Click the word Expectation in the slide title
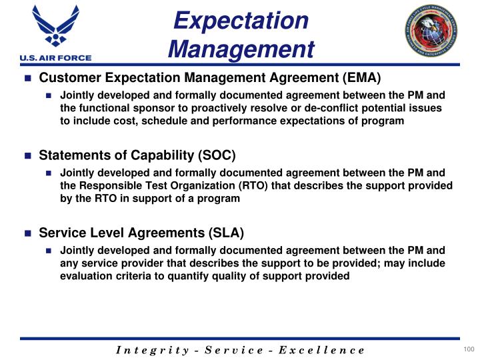pyautogui.click(x=241, y=19)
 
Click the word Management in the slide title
pyautogui.click(x=241, y=48)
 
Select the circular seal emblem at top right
pyautogui.click(x=434, y=31)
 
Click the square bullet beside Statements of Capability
pyautogui.click(x=28, y=157)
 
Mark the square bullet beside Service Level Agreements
pyautogui.click(x=28, y=234)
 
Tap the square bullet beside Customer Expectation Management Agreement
pyautogui.click(x=28, y=79)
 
